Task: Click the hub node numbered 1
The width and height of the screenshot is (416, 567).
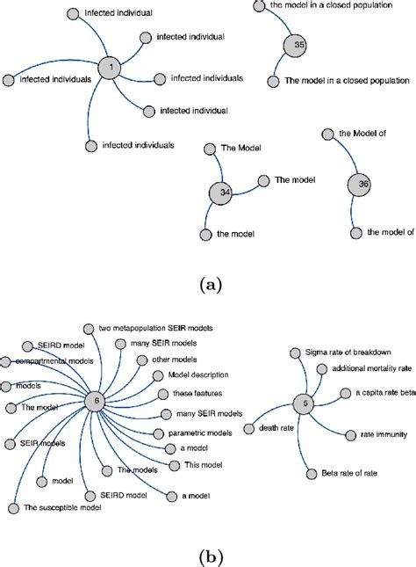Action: (110, 67)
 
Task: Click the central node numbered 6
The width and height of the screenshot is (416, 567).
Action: (97, 401)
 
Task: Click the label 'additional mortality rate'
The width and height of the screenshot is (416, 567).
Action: (367, 369)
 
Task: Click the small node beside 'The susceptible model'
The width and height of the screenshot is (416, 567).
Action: (13, 507)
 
